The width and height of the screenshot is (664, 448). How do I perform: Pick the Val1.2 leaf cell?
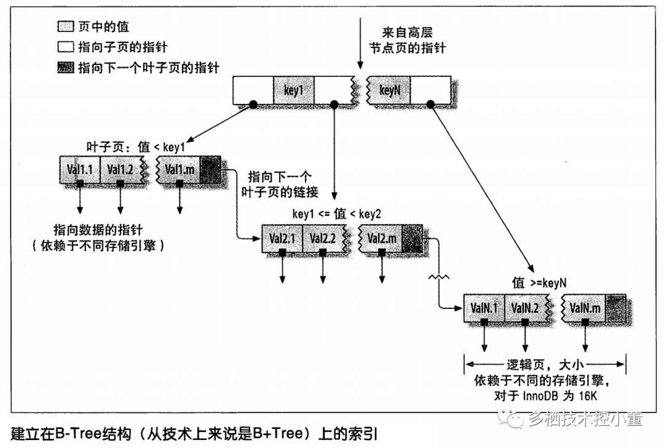(120, 168)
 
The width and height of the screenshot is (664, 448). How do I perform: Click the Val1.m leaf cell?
(180, 168)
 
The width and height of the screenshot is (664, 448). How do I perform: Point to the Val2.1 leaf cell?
(282, 238)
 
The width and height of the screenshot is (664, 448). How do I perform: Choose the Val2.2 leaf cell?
(322, 238)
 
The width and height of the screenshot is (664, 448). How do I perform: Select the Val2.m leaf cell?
(382, 238)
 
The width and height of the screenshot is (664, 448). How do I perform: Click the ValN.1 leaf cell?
(484, 306)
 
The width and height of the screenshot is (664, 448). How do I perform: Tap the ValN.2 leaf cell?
(524, 306)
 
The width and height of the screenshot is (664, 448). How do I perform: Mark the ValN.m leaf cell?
(585, 306)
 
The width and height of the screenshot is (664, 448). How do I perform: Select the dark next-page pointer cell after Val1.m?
(210, 168)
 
